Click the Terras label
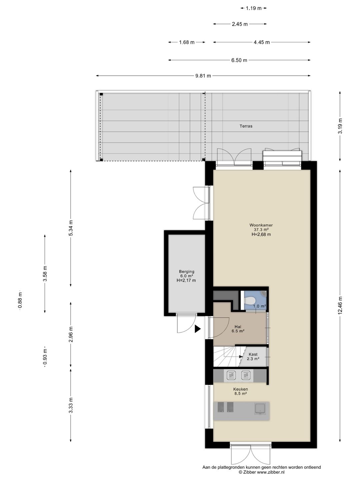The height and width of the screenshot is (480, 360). (246, 126)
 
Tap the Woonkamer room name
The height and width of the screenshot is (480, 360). (261, 225)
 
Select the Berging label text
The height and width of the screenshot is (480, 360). (186, 271)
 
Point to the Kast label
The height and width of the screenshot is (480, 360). (253, 354)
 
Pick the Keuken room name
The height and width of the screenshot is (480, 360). (240, 389)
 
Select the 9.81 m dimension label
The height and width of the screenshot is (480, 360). (203, 76)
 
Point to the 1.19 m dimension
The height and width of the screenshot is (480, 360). (254, 8)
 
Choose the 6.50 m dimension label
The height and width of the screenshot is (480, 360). (239, 60)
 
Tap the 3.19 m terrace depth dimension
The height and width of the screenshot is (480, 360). (340, 126)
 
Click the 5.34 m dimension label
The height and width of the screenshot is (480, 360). (71, 228)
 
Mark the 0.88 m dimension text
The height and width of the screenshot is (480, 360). (20, 300)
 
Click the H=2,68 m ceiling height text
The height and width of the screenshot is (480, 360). (261, 234)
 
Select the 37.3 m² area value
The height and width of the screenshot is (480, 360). (261, 230)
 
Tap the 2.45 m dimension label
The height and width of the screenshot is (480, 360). (240, 24)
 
